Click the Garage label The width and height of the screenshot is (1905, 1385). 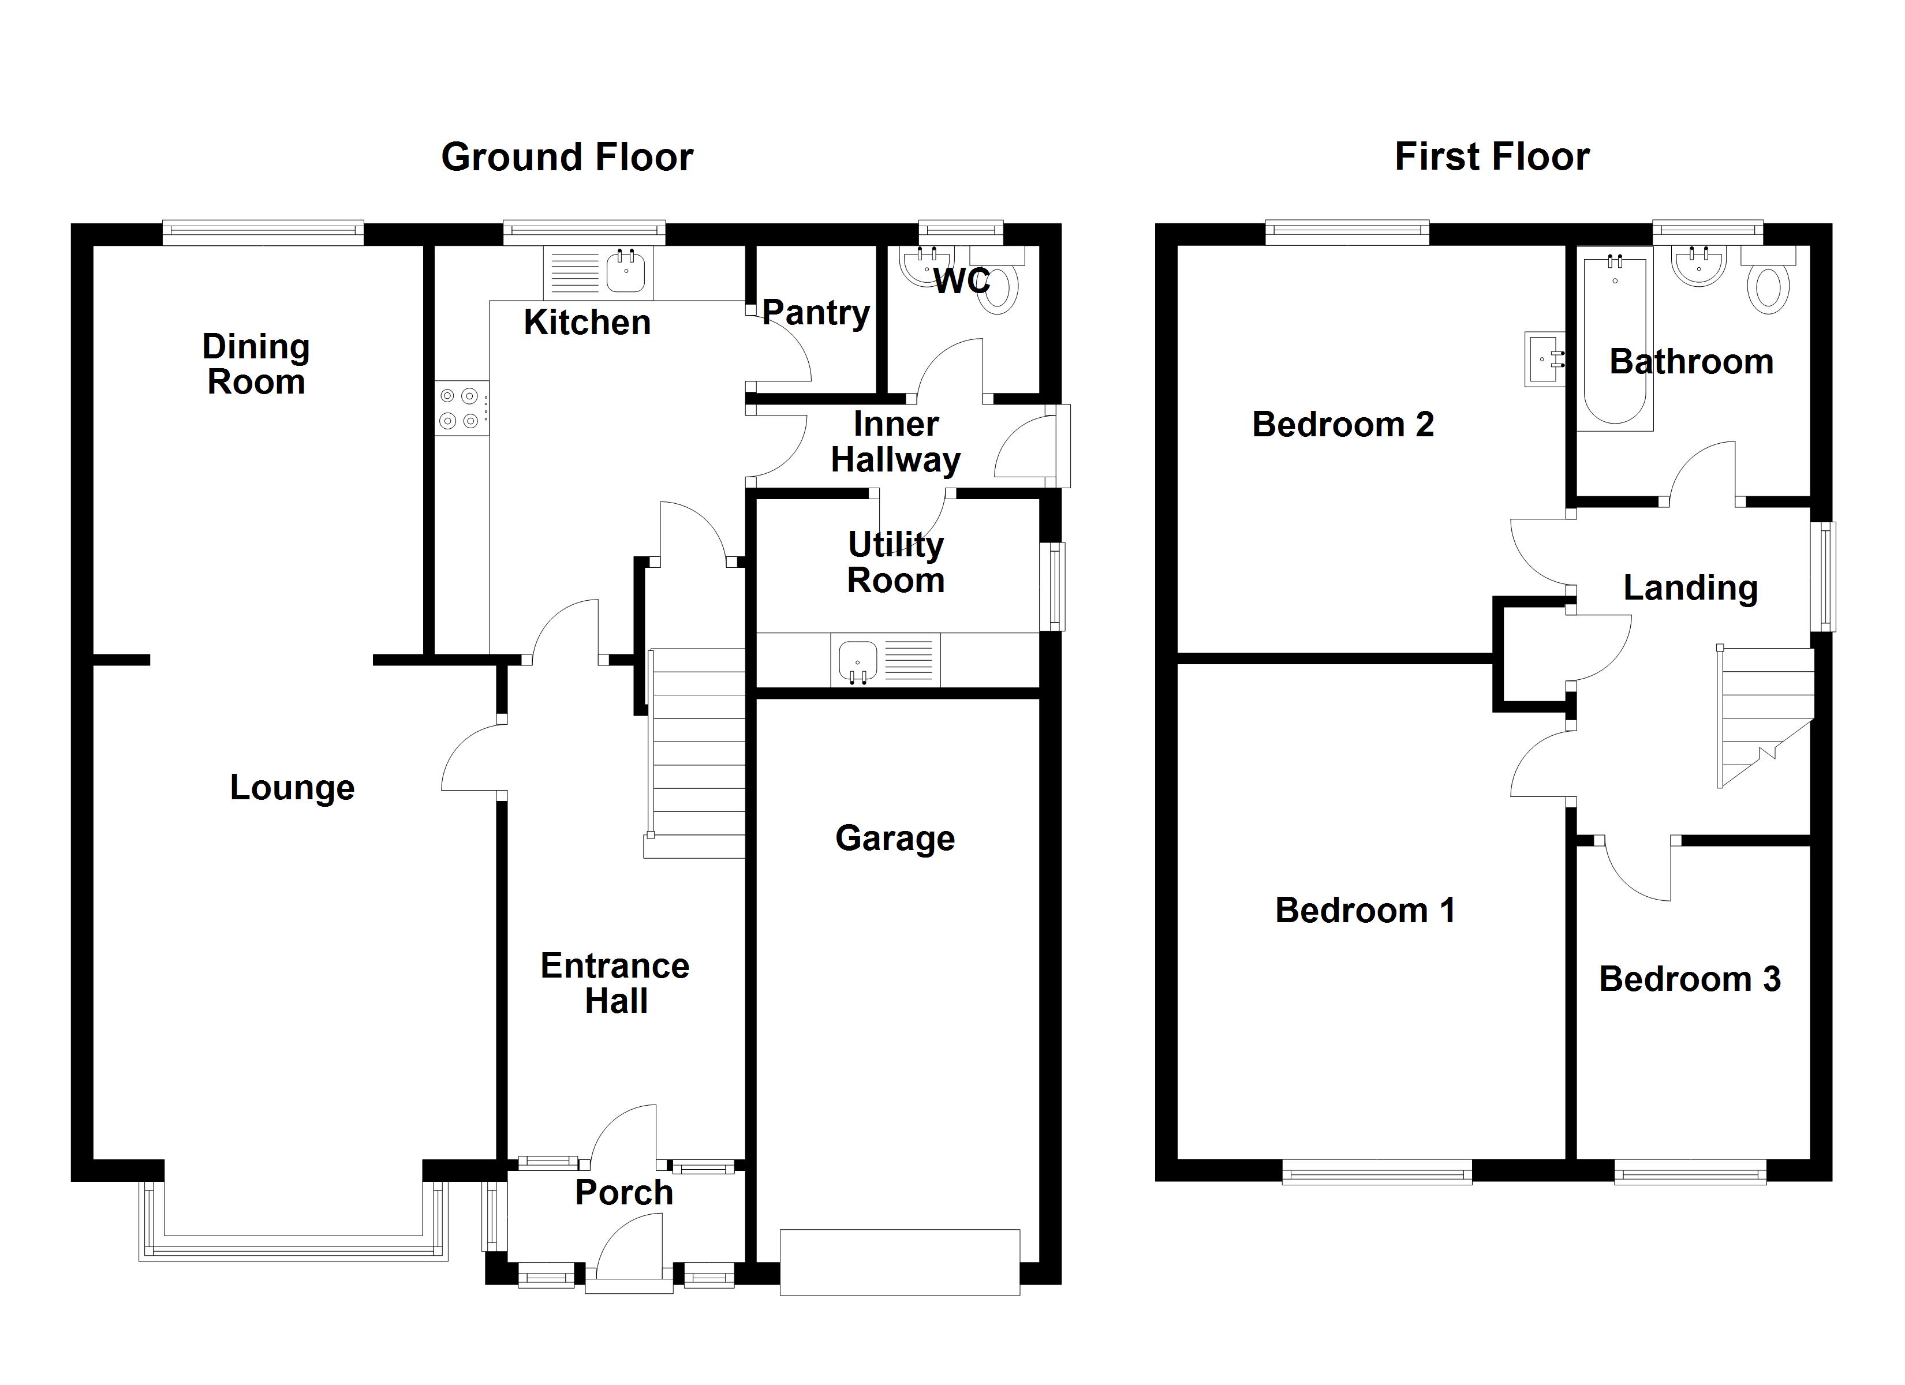click(x=895, y=839)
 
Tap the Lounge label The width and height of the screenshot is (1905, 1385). click(x=292, y=788)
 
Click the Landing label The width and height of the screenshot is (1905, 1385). click(x=1690, y=588)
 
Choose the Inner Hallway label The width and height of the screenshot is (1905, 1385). click(x=895, y=443)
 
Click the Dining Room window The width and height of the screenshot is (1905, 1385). click(x=263, y=232)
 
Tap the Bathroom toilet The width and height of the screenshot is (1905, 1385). click(x=1768, y=288)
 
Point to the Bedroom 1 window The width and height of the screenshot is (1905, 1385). click(x=1377, y=1171)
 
